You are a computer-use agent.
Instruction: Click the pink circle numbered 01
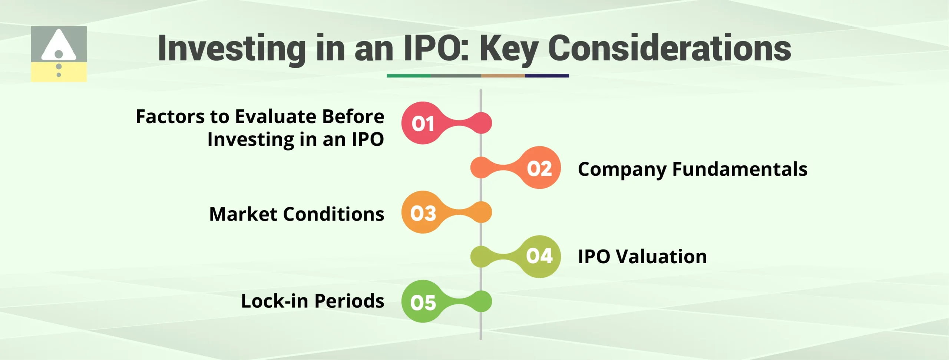point(423,123)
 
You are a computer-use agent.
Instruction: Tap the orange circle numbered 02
point(539,168)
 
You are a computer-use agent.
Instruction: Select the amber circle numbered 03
point(423,212)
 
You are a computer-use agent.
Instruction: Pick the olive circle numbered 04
point(539,257)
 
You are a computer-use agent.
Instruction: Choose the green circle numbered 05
point(423,301)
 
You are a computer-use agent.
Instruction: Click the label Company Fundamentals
point(692,169)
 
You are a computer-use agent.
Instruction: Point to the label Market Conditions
point(297,214)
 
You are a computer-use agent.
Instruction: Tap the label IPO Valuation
point(642,257)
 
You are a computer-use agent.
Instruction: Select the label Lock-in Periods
point(313,301)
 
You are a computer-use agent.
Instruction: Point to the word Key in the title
point(509,49)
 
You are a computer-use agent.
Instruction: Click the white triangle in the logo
point(59,46)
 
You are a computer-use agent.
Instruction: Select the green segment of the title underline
point(409,76)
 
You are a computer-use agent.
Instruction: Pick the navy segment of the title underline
point(547,76)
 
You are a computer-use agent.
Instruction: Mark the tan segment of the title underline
point(503,76)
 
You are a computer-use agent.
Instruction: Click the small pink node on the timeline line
point(482,123)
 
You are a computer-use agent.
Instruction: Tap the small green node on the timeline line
point(482,301)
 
